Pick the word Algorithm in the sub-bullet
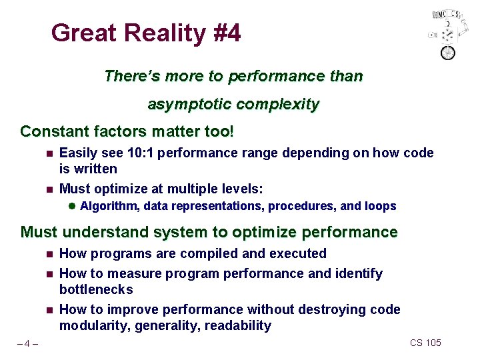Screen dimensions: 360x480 coord(109,206)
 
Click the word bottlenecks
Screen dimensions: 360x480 coord(96,289)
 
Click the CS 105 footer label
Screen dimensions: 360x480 coord(425,343)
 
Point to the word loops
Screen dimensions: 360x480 coord(381,206)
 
